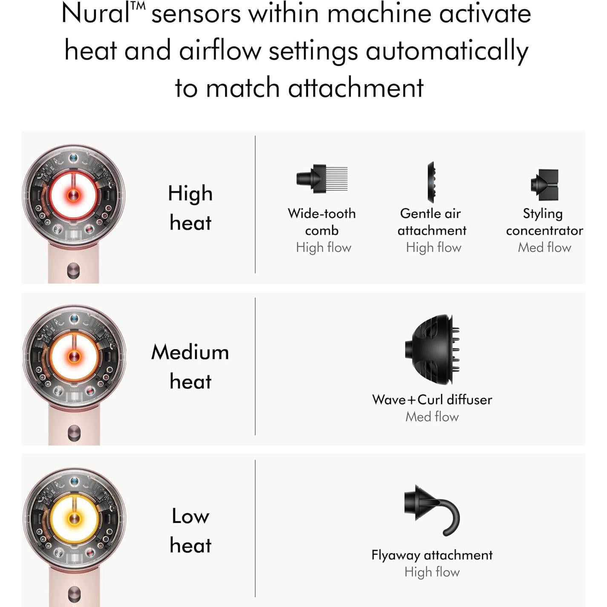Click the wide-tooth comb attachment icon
322,178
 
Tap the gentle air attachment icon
432,182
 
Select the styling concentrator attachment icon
544,184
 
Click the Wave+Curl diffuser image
432,349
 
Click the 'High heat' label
190,208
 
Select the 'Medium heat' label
190,367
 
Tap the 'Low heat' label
190,530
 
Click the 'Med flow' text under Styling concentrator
544,247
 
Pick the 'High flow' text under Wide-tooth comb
323,247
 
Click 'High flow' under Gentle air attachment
434,247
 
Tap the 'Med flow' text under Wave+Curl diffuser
432,417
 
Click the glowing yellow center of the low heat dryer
75,518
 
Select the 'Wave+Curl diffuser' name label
432,400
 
